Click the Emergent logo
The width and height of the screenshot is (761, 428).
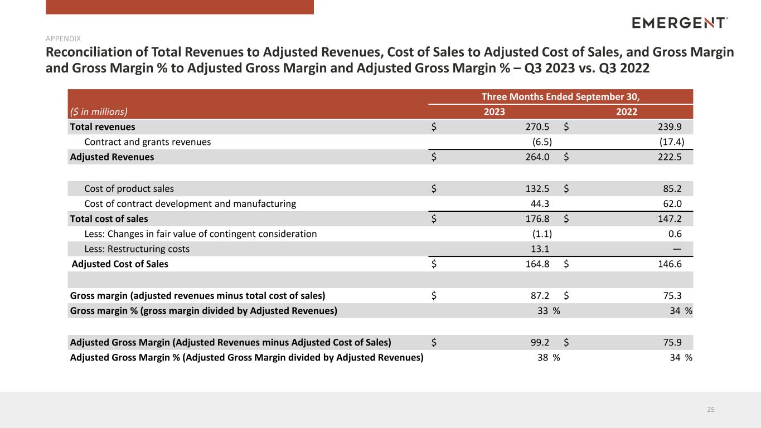click(x=680, y=23)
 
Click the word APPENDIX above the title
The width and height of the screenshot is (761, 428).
click(x=63, y=38)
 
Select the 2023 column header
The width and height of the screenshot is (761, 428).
click(x=495, y=112)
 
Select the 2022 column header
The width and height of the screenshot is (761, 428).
click(x=627, y=112)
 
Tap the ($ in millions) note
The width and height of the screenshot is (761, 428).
click(x=99, y=112)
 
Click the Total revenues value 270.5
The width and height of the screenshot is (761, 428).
click(x=537, y=127)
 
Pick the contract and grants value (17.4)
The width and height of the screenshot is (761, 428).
click(x=672, y=142)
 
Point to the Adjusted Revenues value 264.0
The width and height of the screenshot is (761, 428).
click(x=537, y=157)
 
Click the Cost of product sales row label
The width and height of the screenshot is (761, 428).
click(x=129, y=188)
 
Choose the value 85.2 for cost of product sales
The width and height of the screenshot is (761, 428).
click(x=672, y=188)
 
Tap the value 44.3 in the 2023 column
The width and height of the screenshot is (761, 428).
click(x=540, y=204)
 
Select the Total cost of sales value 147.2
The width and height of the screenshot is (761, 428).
click(x=670, y=219)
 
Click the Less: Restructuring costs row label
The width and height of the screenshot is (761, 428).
click(x=137, y=249)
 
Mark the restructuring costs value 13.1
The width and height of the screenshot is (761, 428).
click(x=540, y=249)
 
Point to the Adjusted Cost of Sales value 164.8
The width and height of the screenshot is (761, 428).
click(x=537, y=264)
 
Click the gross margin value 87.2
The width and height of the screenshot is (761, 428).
click(x=540, y=295)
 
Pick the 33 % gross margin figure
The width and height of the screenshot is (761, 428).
click(x=549, y=311)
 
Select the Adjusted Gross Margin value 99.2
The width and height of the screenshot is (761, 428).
click(x=540, y=342)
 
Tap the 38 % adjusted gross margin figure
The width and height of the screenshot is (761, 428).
click(x=549, y=357)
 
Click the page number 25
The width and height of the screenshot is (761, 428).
click(x=711, y=410)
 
